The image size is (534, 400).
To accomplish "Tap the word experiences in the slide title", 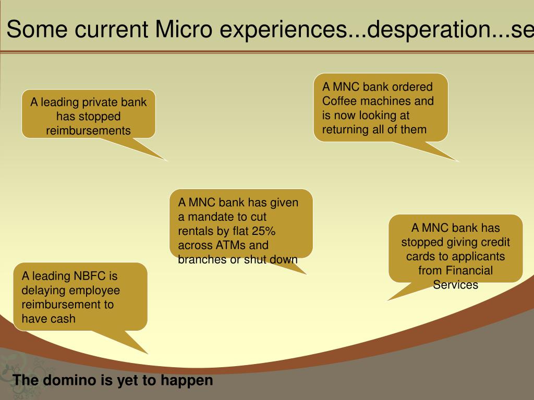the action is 277,30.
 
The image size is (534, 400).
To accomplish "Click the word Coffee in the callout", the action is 339,101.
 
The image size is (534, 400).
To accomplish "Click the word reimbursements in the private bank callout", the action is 89,130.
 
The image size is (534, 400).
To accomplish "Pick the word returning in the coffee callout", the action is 345,129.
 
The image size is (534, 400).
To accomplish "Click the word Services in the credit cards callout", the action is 455,284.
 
